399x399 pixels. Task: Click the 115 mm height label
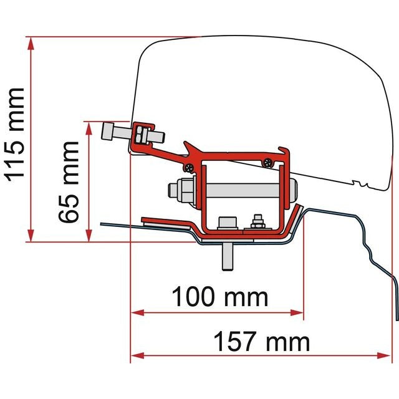pos(15,133)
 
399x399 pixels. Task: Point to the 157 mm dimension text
pos(261,342)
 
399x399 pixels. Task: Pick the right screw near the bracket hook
pos(268,162)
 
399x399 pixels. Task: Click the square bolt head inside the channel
pos(226,223)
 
